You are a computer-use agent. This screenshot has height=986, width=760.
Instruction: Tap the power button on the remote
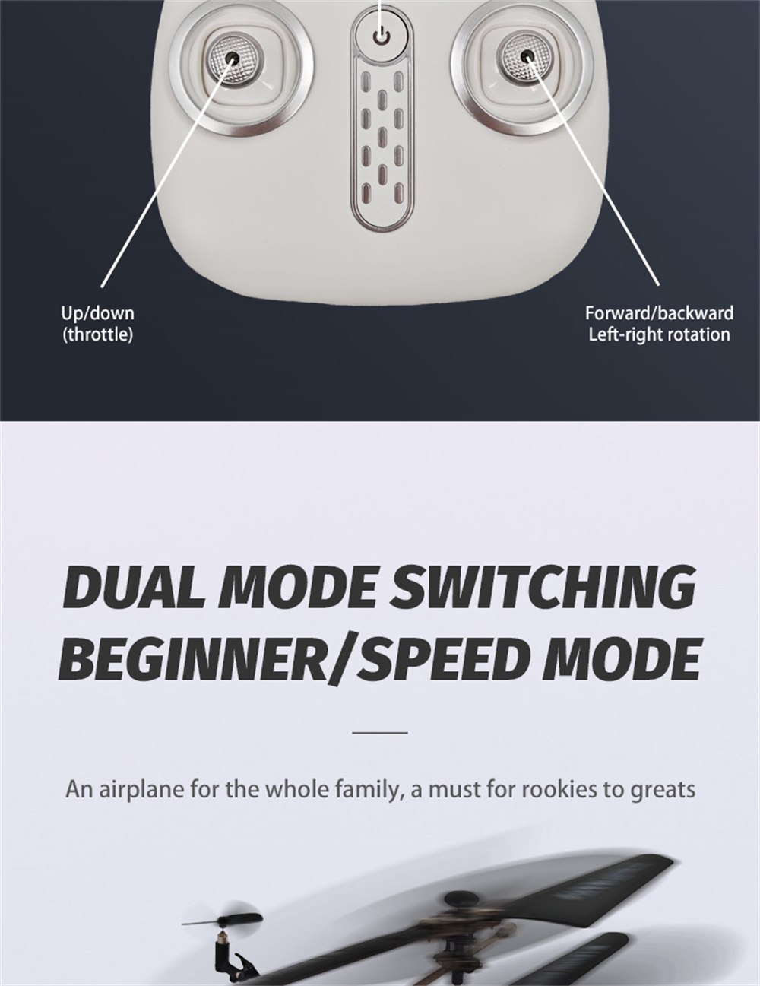click(x=382, y=36)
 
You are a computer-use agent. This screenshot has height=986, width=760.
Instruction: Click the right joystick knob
click(x=528, y=56)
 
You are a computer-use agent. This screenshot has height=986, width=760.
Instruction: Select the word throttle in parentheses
click(x=98, y=334)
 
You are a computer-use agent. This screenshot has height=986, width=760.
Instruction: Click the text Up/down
click(x=98, y=313)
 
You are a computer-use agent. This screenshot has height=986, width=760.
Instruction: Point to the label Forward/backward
click(x=659, y=313)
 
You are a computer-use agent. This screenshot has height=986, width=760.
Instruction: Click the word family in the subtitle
click(x=368, y=791)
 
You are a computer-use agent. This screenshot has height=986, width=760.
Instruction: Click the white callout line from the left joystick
click(x=168, y=173)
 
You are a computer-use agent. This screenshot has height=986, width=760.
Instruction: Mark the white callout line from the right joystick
click(x=593, y=171)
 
